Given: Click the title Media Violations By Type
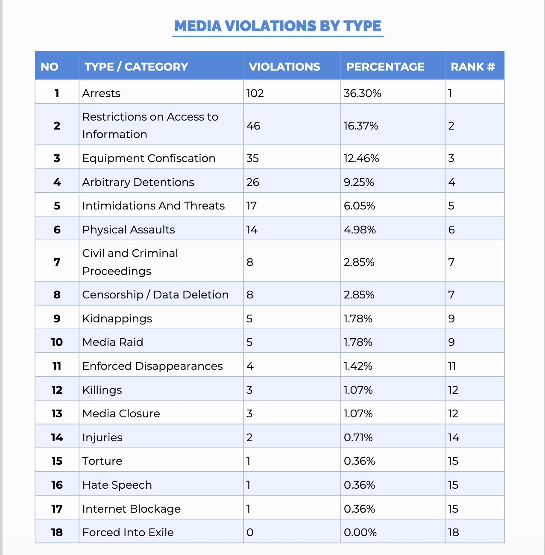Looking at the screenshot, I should point(278,26).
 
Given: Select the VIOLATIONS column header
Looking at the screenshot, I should point(284,67).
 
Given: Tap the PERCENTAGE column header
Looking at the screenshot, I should point(385,67).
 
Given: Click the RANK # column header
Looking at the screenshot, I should point(472,67).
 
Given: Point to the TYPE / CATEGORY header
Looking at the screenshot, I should point(136,67).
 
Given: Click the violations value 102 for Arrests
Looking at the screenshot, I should point(255,93).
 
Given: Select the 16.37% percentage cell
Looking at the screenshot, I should point(361,126).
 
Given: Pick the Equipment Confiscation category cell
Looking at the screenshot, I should point(149,158).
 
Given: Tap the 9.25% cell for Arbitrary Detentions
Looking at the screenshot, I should point(359,182).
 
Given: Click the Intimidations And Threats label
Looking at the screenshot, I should point(153,206).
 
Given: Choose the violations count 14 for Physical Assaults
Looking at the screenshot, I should point(252,230).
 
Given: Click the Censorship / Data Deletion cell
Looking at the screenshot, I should point(155,295).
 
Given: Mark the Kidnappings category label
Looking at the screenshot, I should point(117,319).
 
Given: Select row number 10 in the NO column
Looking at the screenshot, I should point(57,342).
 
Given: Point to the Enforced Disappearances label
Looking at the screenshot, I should point(152,366).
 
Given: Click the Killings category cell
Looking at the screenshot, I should point(102,390).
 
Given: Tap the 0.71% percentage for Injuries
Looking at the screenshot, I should point(358,437).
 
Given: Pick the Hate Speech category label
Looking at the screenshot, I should point(117,485).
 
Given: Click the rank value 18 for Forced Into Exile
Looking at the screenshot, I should point(453,532).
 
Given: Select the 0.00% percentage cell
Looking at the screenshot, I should point(360,532).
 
